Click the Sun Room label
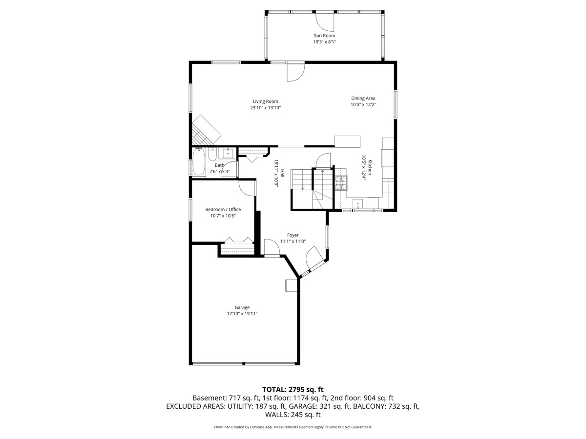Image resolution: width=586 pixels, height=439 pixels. click(x=324, y=36)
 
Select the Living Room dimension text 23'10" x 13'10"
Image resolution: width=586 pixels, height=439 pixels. click(x=265, y=108)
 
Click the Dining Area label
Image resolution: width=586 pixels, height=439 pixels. click(x=363, y=98)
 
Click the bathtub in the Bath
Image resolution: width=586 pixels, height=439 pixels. click(x=199, y=163)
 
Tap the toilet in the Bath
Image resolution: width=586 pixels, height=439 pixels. click(x=212, y=155)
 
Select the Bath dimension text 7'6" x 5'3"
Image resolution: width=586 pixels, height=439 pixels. click(x=220, y=172)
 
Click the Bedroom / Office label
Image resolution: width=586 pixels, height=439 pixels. click(x=223, y=209)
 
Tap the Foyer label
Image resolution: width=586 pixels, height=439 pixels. click(x=293, y=235)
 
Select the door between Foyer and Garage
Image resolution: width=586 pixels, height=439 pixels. click(x=272, y=247)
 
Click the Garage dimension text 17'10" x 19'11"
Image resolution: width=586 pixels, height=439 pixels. click(x=242, y=314)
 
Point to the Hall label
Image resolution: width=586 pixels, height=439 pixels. click(x=282, y=173)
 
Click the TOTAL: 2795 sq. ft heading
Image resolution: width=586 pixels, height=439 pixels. click(x=293, y=389)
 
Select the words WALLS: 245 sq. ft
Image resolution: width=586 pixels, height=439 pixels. click(x=293, y=415)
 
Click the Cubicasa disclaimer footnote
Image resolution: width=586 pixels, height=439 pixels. click(x=293, y=427)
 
